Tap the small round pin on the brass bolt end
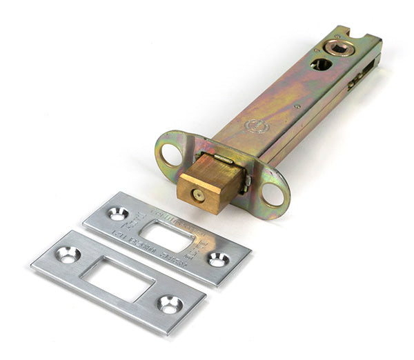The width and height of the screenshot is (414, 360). click(199, 195)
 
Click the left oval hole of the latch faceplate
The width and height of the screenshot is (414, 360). click(170, 154)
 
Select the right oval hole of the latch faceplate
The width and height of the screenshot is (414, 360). click(273, 194)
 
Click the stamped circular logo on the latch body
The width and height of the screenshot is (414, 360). click(257, 127)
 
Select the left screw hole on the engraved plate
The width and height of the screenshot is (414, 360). click(118, 214)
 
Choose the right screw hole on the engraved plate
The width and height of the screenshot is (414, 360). click(218, 259)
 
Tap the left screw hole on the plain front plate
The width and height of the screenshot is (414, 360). click(68, 254)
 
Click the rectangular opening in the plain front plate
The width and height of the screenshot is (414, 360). click(117, 279)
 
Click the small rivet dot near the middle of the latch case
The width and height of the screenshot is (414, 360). click(297, 106)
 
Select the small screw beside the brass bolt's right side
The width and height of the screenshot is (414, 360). click(246, 182)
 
